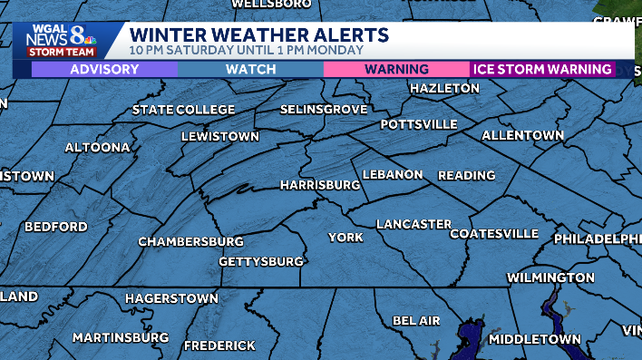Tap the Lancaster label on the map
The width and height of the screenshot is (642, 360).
[x=413, y=224]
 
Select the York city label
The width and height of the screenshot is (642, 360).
[x=345, y=238]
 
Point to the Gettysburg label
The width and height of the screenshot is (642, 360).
[x=261, y=262]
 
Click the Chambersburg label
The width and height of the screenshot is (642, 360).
[x=190, y=242]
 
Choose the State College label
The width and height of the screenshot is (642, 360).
[x=183, y=110]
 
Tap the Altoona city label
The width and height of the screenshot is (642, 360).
[x=98, y=147]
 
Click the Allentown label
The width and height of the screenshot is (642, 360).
[x=522, y=135]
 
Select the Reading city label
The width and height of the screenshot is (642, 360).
[x=466, y=175]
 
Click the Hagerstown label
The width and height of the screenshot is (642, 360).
[x=171, y=298]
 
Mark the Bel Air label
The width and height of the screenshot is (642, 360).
[x=416, y=321]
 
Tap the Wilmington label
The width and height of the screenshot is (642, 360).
[x=550, y=277]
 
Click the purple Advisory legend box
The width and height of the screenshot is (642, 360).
[x=104, y=70]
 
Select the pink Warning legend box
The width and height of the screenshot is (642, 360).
[x=396, y=70]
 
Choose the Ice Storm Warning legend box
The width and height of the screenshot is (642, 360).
[x=542, y=70]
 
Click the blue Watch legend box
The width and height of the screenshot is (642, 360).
[x=250, y=70]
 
